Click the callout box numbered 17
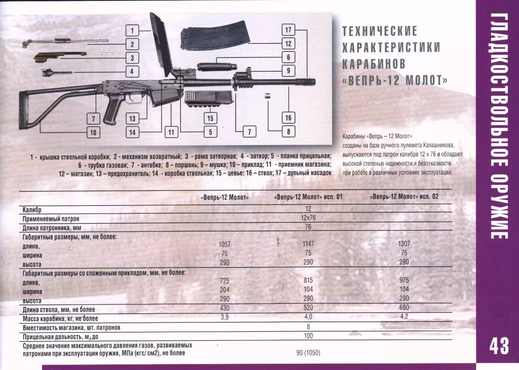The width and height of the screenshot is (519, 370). point(288,30)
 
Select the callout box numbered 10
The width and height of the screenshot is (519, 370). point(93,132)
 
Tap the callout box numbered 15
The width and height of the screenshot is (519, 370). point(210,118)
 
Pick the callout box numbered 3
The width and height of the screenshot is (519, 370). point(132,58)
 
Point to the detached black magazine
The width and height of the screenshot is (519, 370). point(214,38)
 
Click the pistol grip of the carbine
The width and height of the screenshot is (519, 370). point(112,108)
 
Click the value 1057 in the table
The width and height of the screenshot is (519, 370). point(224,244)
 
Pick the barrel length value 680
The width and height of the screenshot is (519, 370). point(404,307)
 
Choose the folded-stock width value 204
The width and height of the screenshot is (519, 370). point(224,290)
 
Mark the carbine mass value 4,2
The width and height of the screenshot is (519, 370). point(404,317)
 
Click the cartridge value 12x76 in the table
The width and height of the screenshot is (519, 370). point(308,218)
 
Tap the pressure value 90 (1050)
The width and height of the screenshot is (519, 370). point(308,353)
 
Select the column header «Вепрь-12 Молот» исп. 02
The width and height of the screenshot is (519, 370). point(404,197)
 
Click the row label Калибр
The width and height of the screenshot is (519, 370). point(32,210)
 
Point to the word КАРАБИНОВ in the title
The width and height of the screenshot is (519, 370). point(373,64)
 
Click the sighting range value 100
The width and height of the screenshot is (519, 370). point(308,336)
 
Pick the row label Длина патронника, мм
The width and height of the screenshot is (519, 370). point(52,228)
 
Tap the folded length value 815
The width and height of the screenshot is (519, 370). point(308,280)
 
